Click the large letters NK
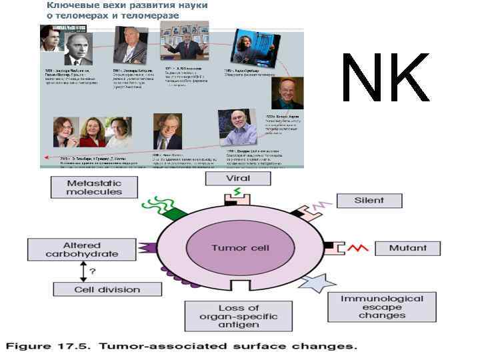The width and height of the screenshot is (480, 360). [385, 77]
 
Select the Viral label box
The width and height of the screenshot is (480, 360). [238, 179]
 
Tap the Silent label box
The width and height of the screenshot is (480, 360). [369, 200]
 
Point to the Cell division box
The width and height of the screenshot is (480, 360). [97, 289]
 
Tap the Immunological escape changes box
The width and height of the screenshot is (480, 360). [382, 306]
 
